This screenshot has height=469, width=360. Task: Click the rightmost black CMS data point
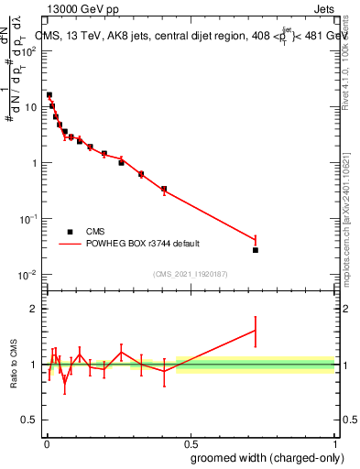click(x=256, y=250)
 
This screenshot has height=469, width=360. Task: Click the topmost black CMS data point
click(x=49, y=95)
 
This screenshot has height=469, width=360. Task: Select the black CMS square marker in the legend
click(x=71, y=232)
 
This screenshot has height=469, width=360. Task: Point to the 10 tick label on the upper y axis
click(x=32, y=107)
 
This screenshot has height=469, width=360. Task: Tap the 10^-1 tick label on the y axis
click(x=29, y=219)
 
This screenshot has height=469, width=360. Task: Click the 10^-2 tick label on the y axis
click(x=29, y=275)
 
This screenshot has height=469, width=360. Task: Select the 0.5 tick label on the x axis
click(x=190, y=442)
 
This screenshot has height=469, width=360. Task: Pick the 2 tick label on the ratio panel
click(x=35, y=309)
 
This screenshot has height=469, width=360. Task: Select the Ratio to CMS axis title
click(x=14, y=365)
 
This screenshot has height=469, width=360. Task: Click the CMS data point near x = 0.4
click(x=164, y=190)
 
